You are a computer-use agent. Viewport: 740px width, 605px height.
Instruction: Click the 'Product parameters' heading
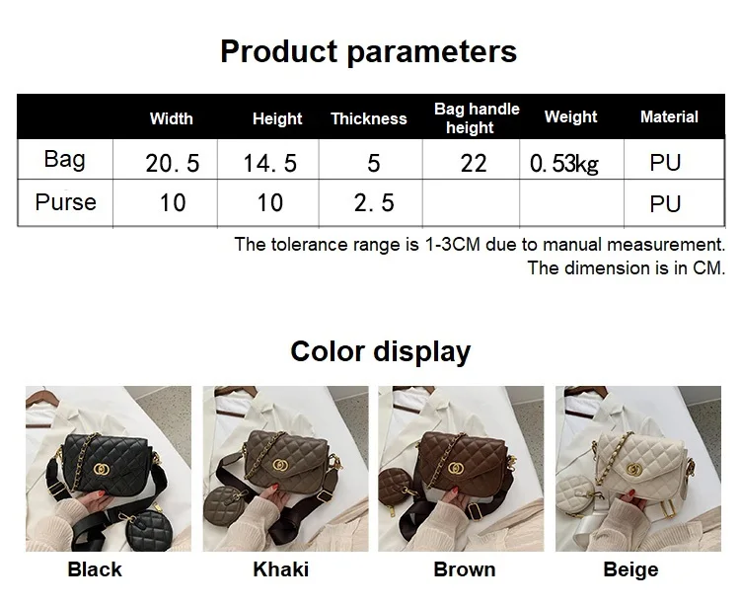click(368, 51)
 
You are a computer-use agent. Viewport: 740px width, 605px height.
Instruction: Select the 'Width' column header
click(171, 119)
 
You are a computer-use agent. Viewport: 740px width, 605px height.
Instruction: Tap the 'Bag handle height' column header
click(477, 118)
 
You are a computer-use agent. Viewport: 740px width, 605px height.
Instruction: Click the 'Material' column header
click(669, 117)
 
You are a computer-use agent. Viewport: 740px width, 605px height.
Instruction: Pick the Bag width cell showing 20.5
click(172, 163)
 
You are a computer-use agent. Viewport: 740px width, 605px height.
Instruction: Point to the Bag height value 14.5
click(269, 163)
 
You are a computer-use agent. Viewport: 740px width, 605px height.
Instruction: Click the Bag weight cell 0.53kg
click(564, 163)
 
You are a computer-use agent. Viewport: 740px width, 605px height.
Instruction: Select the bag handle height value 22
click(474, 163)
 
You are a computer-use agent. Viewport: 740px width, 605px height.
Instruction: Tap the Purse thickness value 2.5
click(373, 203)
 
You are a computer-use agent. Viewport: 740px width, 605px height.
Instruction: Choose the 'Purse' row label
click(65, 203)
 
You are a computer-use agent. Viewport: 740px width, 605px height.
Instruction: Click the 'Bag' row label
click(65, 160)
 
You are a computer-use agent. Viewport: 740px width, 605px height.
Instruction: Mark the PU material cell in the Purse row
click(665, 204)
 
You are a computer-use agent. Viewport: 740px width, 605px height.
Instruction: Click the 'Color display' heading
click(380, 351)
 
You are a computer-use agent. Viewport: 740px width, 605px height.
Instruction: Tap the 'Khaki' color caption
click(280, 569)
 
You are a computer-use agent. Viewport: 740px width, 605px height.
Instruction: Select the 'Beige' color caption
click(630, 569)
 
